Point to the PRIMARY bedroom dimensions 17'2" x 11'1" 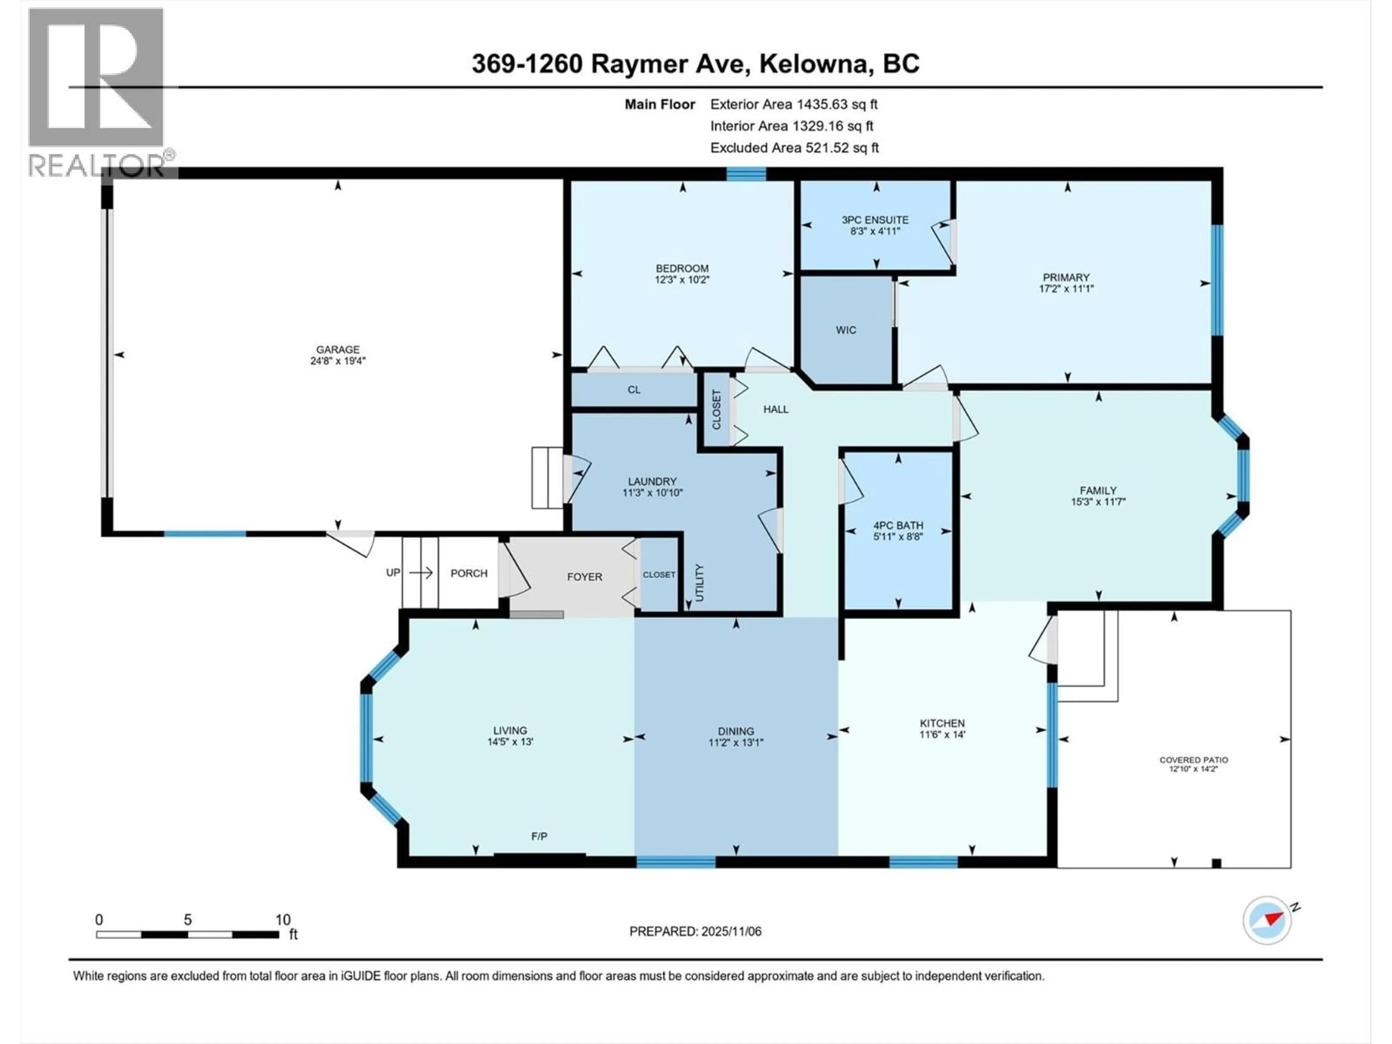1066,289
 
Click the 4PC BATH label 898,525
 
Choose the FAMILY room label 1098,490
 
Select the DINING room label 735,730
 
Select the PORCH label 469,573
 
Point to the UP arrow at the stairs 420,573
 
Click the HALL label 775,409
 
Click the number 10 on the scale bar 282,919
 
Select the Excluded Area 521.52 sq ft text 794,147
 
